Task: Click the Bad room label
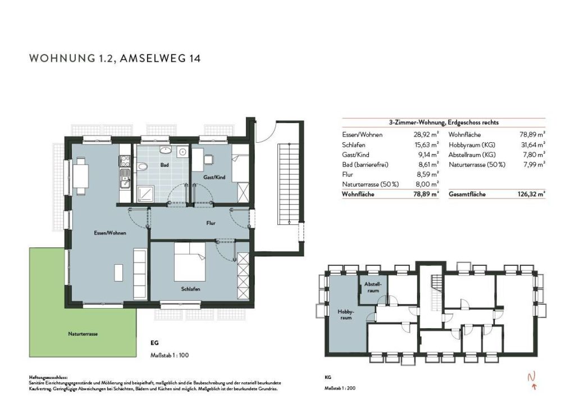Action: coord(165,165)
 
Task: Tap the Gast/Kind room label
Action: coord(214,177)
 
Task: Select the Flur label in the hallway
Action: coord(211,223)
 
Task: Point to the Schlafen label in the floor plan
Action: coord(191,289)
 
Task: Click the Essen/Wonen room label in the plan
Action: coord(110,233)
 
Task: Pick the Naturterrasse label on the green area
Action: coord(83,334)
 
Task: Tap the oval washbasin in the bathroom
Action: coord(167,150)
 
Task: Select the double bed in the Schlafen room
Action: coord(190,262)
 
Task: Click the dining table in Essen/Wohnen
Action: coord(81,175)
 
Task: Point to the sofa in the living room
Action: coord(140,274)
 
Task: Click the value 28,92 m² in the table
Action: coord(426,135)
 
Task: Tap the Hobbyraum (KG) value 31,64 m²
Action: coord(533,144)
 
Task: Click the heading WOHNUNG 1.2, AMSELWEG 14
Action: coord(115,58)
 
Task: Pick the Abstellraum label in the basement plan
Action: coord(373,287)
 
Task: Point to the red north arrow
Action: coord(532,380)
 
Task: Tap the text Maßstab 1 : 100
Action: coord(170,355)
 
